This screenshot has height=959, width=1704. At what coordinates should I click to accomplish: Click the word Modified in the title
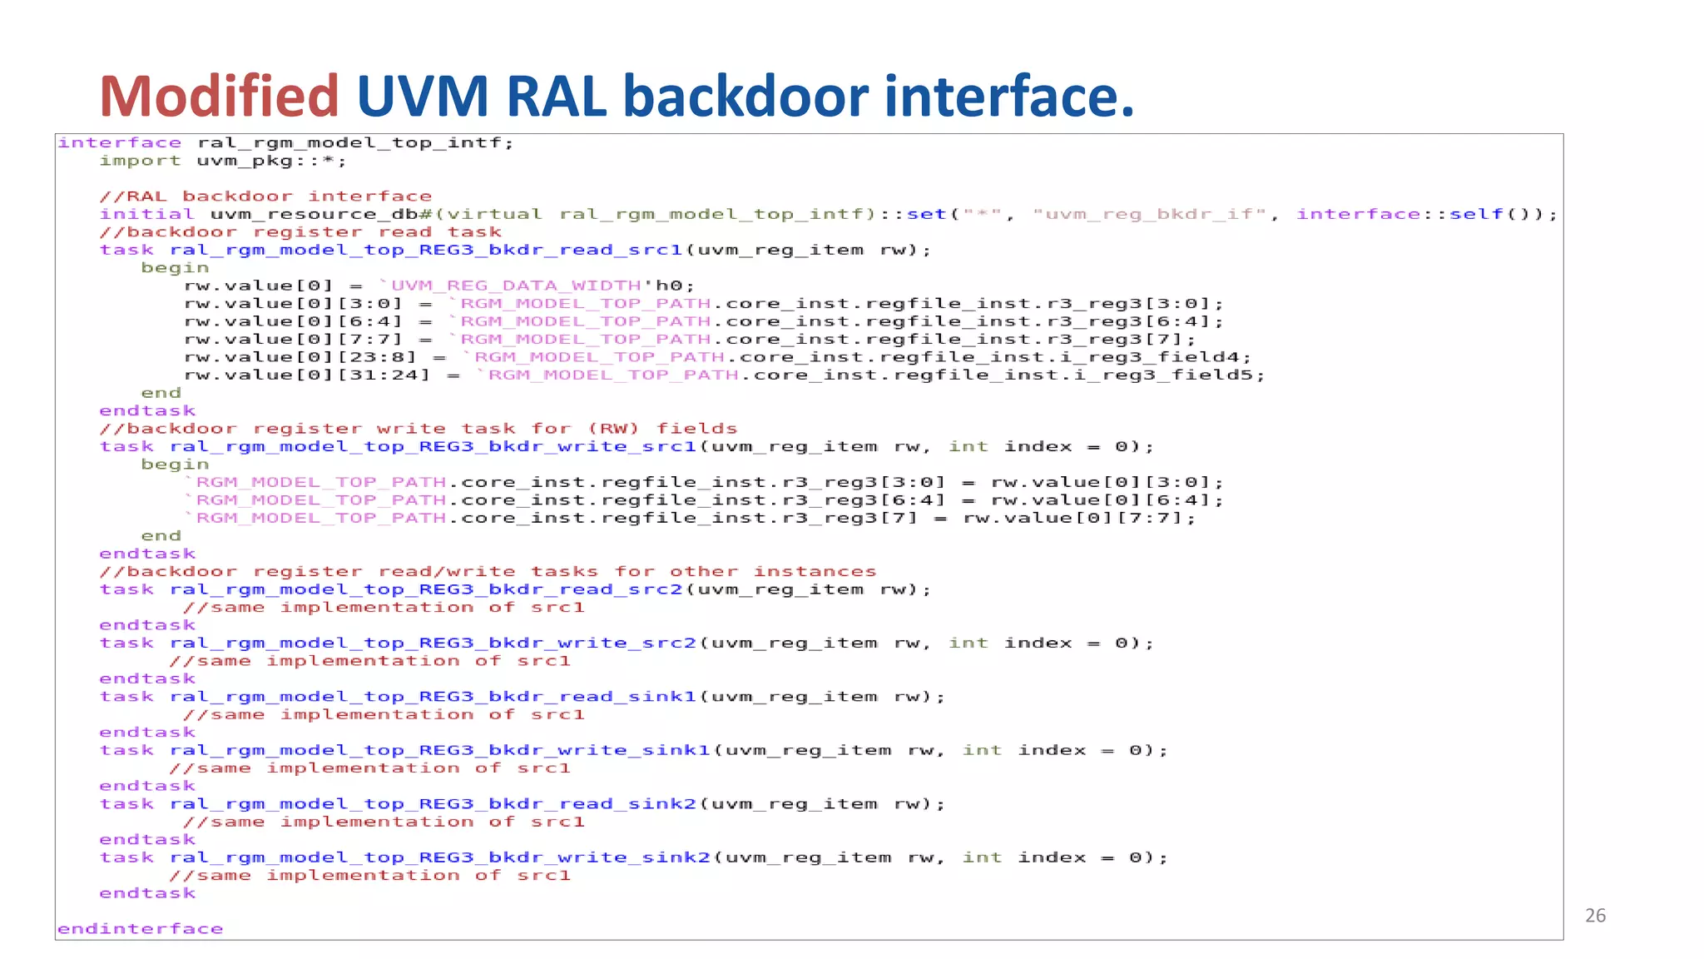coord(219,96)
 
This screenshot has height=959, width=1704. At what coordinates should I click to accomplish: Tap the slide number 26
coord(1595,916)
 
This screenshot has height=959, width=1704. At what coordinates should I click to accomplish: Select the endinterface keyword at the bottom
coord(140,929)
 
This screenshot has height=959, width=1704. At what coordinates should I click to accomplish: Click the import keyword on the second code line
coord(140,161)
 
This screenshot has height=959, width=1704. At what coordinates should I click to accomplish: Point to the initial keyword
coord(146,214)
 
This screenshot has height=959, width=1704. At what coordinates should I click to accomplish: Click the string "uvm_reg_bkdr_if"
coord(1149,214)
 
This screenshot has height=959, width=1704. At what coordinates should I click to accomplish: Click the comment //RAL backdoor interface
coord(265,196)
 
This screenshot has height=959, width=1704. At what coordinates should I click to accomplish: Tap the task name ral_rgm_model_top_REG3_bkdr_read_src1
coord(426,250)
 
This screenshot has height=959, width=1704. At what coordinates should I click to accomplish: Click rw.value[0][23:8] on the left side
coord(300,357)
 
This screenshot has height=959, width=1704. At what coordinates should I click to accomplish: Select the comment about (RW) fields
coord(418,429)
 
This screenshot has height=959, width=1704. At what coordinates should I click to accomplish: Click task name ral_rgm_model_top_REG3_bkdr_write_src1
coord(433,447)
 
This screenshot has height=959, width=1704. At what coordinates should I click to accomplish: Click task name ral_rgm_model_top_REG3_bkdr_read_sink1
coord(433,697)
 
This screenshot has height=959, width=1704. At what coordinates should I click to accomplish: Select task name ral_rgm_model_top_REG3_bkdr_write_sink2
coord(439,857)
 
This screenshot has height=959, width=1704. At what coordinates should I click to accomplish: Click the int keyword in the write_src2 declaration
coord(968,643)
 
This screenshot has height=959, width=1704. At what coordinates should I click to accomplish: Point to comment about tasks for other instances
coord(488,572)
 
